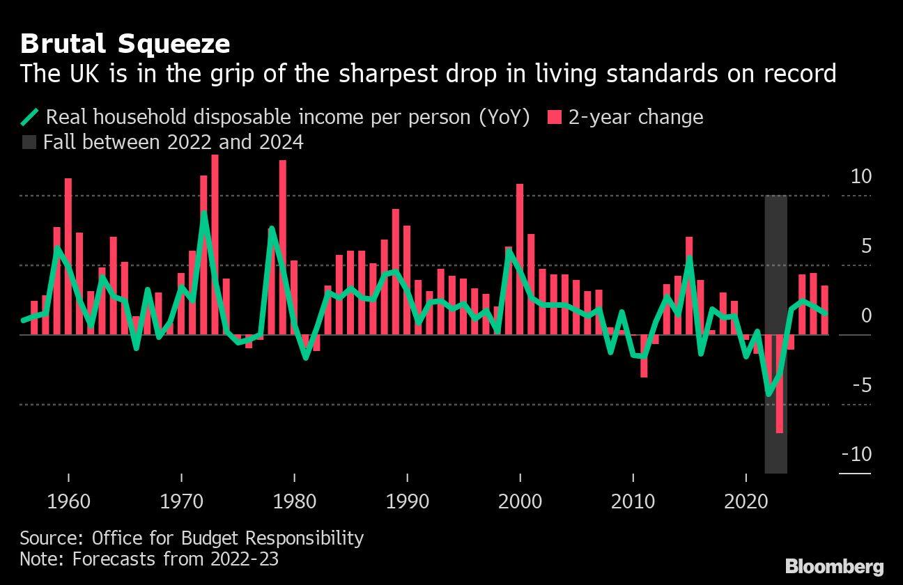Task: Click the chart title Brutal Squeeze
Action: pyautogui.click(x=125, y=44)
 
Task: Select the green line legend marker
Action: pyautogui.click(x=31, y=117)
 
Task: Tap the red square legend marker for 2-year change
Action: pyautogui.click(x=554, y=117)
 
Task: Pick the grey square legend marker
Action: pyautogui.click(x=29, y=143)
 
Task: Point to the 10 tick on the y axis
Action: pyautogui.click(x=861, y=176)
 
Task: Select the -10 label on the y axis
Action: pyautogui.click(x=856, y=454)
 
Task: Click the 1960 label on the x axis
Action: pyautogui.click(x=68, y=501)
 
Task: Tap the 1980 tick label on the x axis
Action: pyautogui.click(x=294, y=501)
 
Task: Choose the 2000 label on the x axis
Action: pyautogui.click(x=520, y=501)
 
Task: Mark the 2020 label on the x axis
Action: pyautogui.click(x=746, y=501)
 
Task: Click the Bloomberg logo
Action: pyautogui.click(x=834, y=565)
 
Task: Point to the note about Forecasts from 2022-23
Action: pyautogui.click(x=149, y=559)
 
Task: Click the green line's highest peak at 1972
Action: pyautogui.click(x=203, y=213)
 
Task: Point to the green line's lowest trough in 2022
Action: pyautogui.click(x=769, y=394)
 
